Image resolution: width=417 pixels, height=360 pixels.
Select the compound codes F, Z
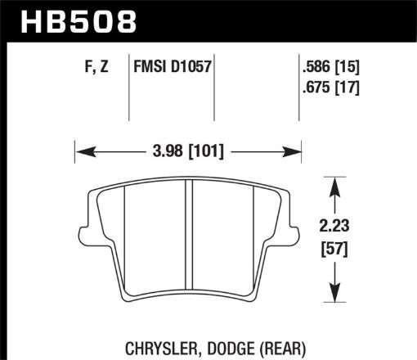coord(96,70)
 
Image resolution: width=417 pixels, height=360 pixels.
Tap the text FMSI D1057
coord(173,70)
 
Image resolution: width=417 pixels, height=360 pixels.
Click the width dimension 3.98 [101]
coord(189,151)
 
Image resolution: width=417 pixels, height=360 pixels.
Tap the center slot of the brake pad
coord(189,237)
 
